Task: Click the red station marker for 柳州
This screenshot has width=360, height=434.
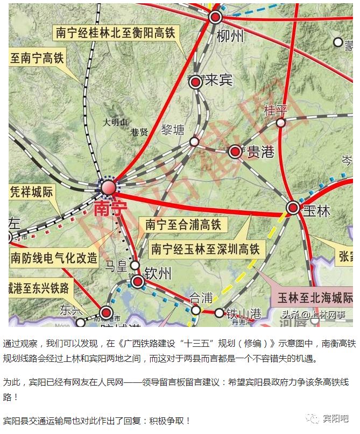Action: click(216, 17)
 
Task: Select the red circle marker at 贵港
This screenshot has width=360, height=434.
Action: click(235, 152)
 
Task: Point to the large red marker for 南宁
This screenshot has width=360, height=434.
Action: click(108, 188)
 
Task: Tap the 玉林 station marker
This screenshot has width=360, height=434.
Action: click(293, 208)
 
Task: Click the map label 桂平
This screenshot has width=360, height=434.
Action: click(276, 111)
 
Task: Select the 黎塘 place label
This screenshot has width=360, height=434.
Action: click(172, 130)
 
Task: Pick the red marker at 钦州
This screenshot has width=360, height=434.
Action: click(138, 281)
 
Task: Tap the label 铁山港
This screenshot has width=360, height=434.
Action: click(243, 312)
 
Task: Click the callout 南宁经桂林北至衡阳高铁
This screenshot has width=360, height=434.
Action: click(115, 32)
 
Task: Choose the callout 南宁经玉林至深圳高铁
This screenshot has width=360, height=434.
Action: click(206, 249)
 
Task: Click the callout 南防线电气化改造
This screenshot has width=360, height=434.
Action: click(54, 258)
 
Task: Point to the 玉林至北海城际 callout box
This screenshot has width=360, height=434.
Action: click(314, 297)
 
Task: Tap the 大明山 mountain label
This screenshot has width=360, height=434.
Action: click(116, 122)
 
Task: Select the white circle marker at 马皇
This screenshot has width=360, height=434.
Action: click(135, 265)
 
